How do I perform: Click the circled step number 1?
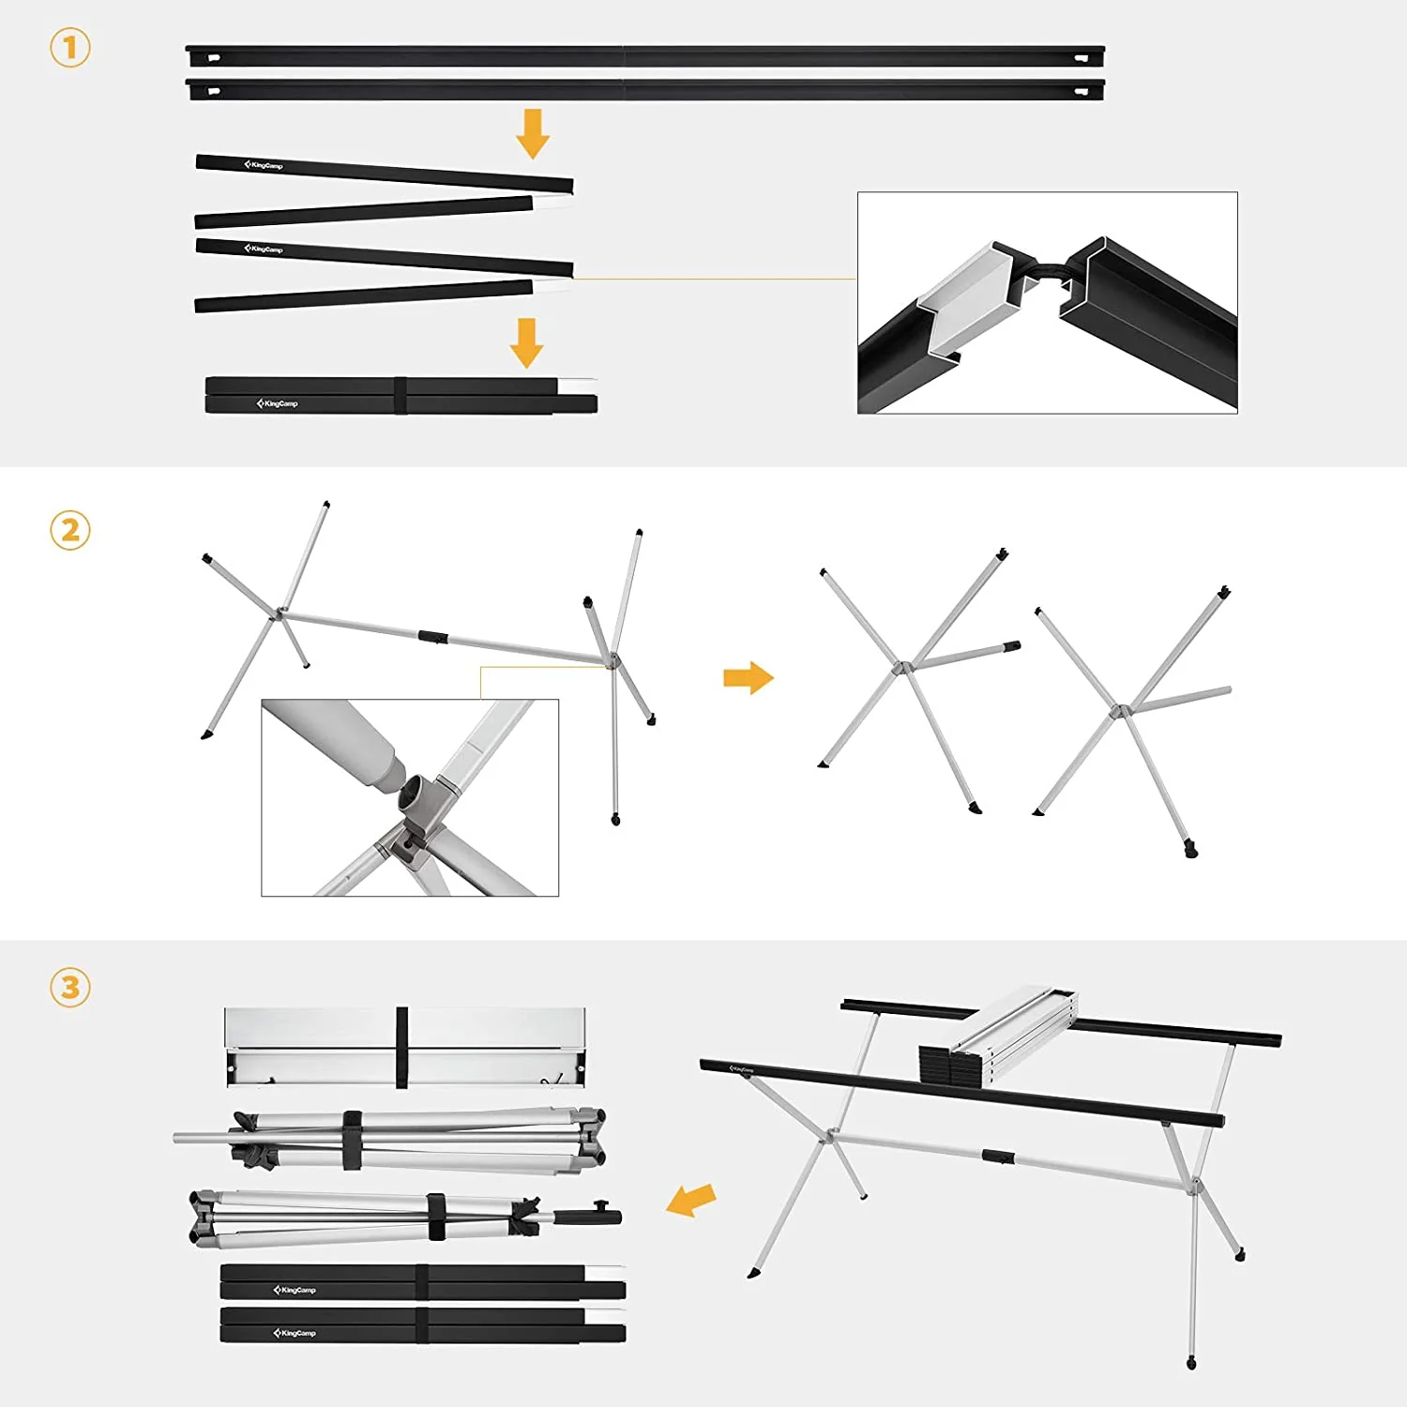coord(70,48)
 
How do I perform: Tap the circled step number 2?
coord(70,531)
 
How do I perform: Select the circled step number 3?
coord(70,988)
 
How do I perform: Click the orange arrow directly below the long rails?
coord(533,133)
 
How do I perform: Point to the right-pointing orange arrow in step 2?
coord(748,677)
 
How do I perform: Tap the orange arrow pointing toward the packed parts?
coord(691,1200)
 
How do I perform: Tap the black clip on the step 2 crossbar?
coord(432,637)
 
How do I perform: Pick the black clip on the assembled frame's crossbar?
coord(998,1157)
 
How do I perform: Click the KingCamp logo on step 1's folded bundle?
coord(278,403)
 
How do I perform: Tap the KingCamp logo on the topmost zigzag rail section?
coord(264,165)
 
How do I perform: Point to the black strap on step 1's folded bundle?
coord(401,395)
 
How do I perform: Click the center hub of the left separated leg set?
coord(900,668)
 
